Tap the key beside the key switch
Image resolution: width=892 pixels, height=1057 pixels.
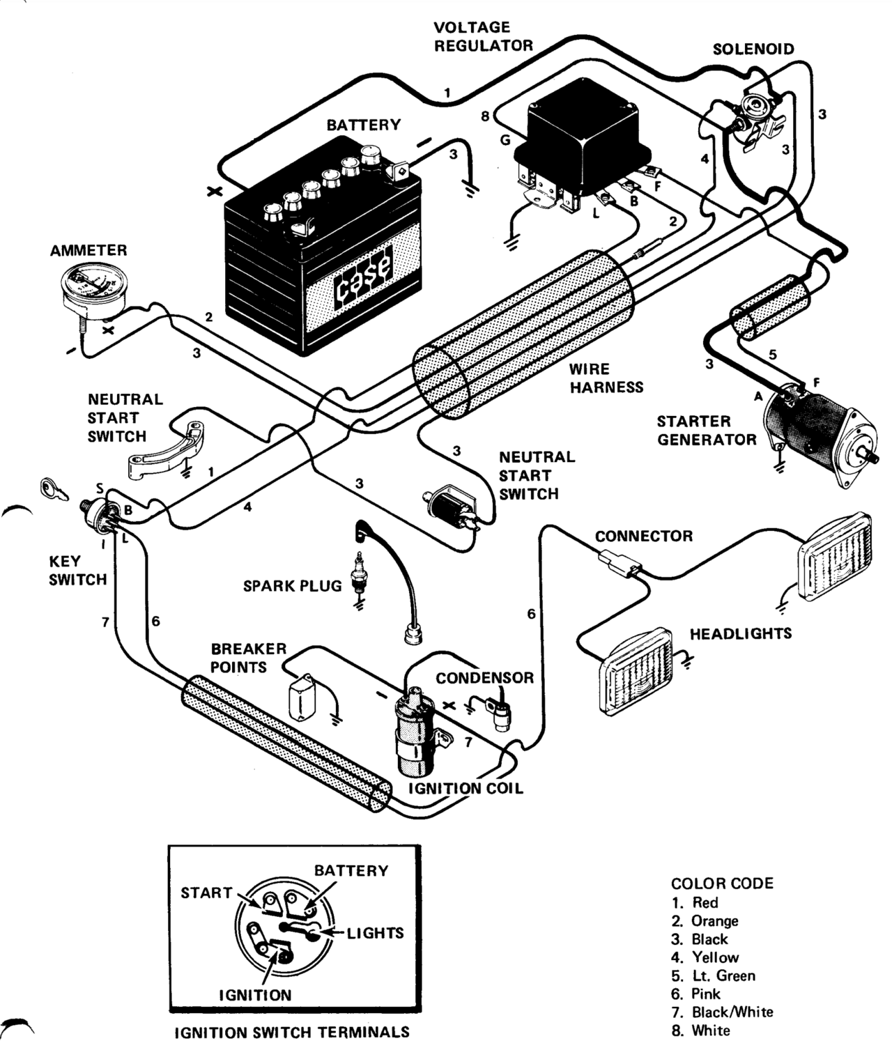52,488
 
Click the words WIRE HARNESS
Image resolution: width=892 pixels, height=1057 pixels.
606,378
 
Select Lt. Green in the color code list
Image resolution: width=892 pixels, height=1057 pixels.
723,975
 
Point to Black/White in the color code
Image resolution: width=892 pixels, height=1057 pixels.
732,1012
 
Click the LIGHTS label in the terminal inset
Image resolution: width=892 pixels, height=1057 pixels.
375,933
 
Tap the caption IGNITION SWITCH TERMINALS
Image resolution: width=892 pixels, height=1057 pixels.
292,1032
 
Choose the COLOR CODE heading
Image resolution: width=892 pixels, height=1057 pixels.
722,884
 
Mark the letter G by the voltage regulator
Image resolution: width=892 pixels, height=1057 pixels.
505,140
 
